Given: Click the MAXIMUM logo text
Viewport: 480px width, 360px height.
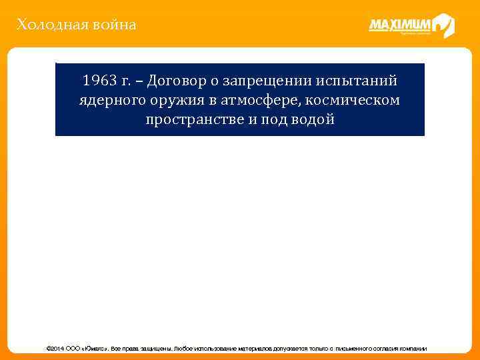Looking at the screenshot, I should click(400, 25).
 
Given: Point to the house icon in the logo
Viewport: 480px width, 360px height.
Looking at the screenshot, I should click(443, 26).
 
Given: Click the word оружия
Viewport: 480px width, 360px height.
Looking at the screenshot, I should click(175, 101).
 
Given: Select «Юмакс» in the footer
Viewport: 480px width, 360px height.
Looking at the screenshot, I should click(95, 349).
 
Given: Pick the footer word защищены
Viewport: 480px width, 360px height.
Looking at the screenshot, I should click(155, 349).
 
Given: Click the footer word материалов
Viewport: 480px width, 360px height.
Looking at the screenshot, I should click(253, 349).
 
